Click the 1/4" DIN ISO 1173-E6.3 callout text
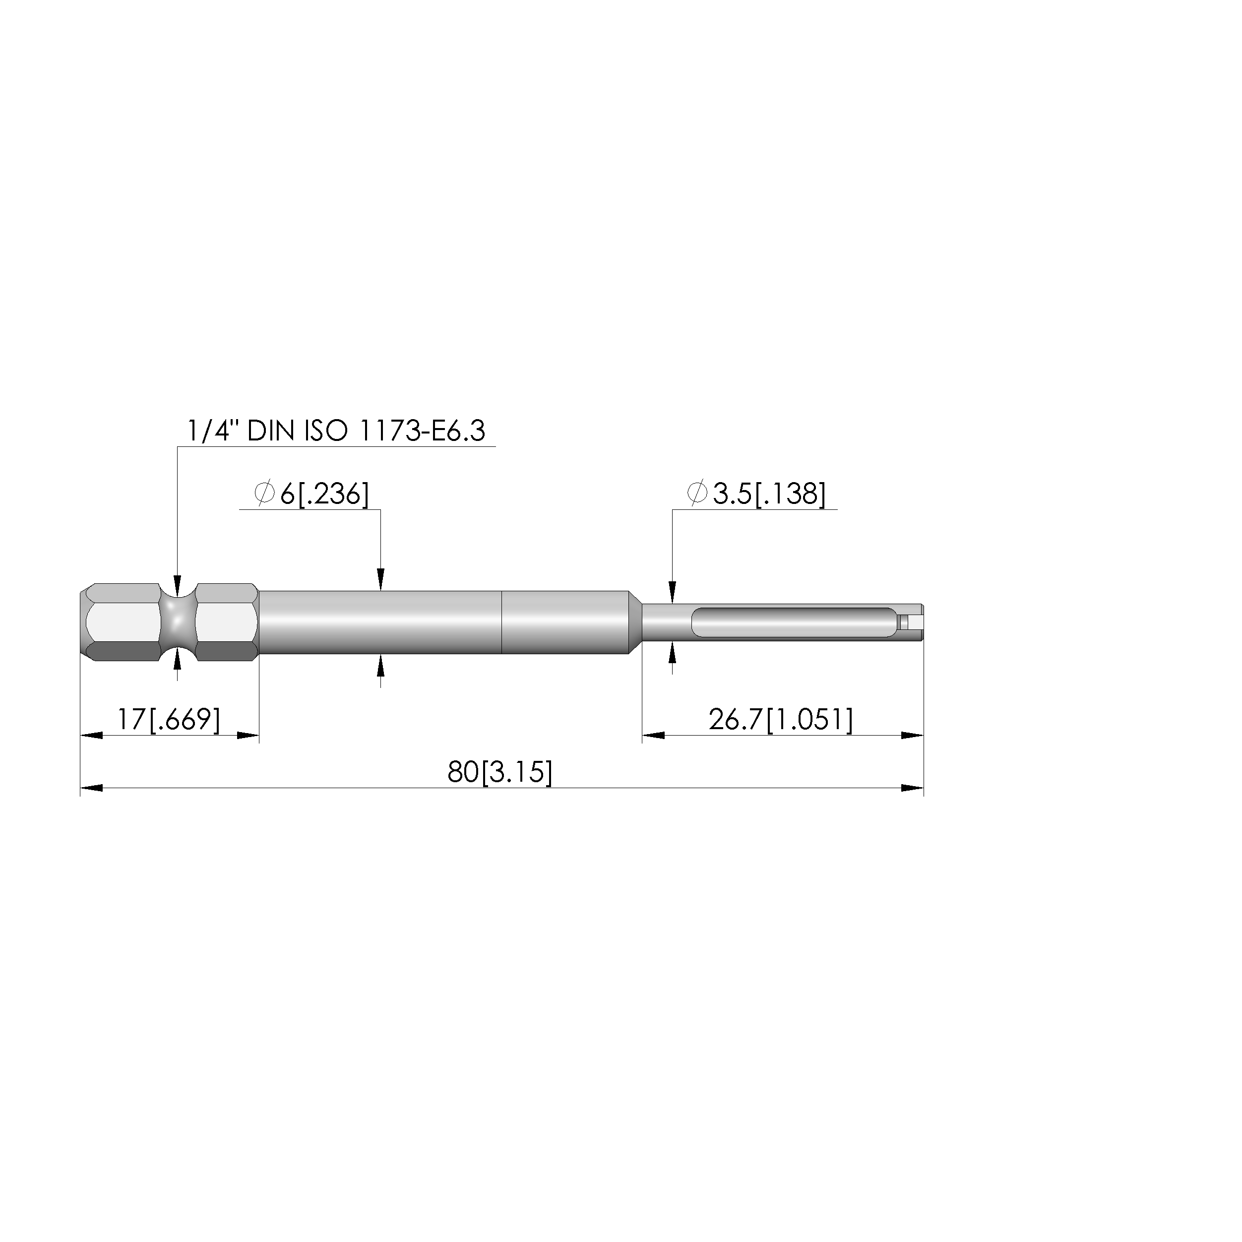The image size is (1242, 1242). pyautogui.click(x=336, y=431)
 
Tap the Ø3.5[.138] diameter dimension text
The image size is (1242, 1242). pyautogui.click(x=756, y=494)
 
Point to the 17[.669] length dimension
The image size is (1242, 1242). pyautogui.click(x=169, y=719)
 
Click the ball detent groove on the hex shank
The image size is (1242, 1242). pyautogui.click(x=178, y=622)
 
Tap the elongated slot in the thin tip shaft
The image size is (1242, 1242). pyautogui.click(x=794, y=622)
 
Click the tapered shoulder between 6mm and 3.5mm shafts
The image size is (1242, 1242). pyautogui.click(x=635, y=622)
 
